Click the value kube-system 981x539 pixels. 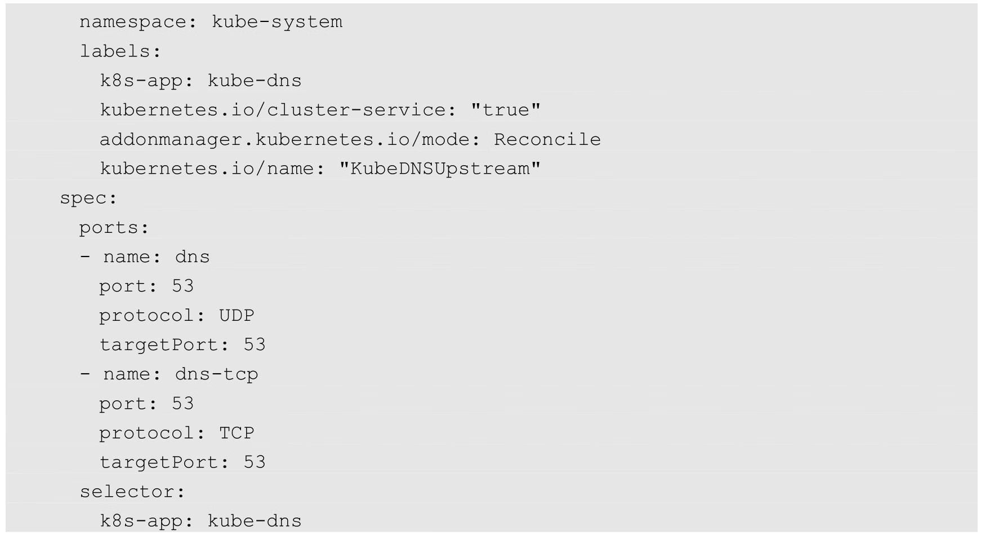(x=277, y=22)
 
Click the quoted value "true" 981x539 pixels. (x=505, y=110)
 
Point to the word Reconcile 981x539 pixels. (x=547, y=139)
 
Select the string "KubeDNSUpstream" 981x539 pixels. (x=439, y=169)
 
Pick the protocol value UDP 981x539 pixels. (x=237, y=316)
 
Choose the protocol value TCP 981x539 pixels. (x=237, y=433)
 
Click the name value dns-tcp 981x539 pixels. (x=216, y=374)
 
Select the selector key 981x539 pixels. (x=132, y=492)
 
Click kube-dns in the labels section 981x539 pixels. (x=255, y=81)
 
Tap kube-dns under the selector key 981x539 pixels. (x=255, y=521)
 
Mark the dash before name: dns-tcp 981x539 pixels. (x=84, y=374)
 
